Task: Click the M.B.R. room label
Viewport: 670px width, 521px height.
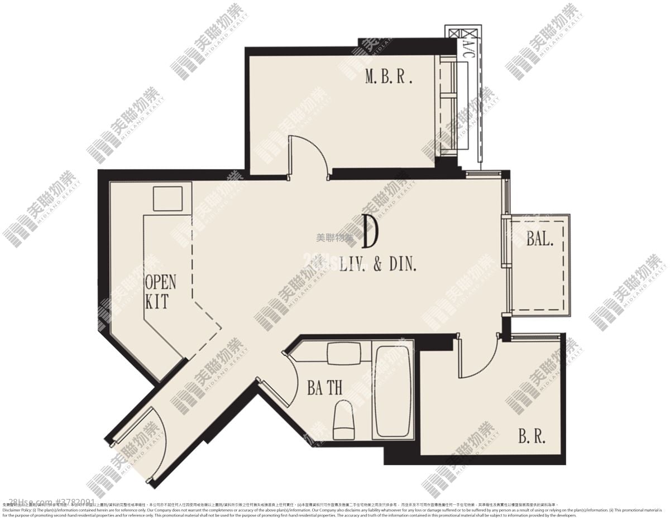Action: tap(389, 77)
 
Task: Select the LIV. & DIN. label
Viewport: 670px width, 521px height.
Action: tap(378, 264)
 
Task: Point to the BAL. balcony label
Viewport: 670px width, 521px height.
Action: tap(540, 240)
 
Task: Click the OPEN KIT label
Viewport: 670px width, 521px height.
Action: tap(160, 292)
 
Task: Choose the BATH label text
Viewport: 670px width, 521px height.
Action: tap(324, 388)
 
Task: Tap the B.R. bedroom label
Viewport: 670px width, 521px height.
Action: tap(532, 436)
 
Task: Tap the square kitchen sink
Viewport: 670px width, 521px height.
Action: tap(167, 199)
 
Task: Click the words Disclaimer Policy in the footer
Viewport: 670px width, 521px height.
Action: tap(17, 510)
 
